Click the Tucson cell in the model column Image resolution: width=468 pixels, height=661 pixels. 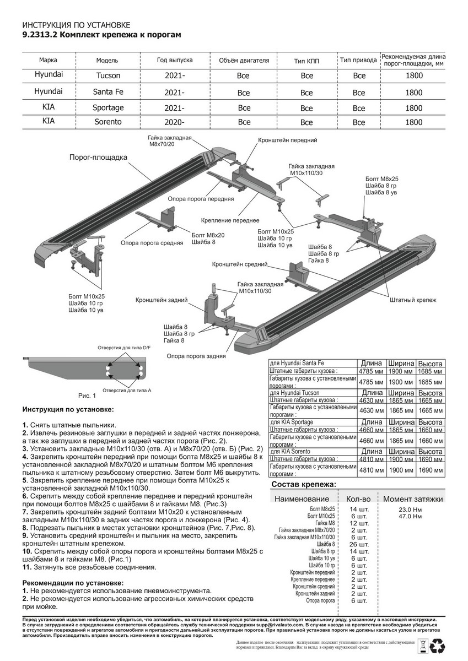click(107, 75)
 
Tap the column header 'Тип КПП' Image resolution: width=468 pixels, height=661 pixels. click(306, 60)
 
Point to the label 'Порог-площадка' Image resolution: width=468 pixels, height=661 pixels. click(98, 158)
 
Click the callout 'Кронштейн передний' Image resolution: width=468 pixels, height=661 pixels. click(287, 141)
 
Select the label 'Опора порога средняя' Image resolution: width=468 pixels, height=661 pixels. click(152, 243)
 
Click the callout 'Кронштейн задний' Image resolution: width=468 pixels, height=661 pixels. click(162, 300)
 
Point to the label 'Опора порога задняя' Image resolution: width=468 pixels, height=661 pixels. click(196, 356)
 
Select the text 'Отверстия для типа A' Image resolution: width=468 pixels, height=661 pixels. click(125, 390)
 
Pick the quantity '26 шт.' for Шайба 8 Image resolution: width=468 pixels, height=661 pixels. click(358, 544)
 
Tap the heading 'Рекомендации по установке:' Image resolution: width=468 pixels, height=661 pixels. click(73, 582)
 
